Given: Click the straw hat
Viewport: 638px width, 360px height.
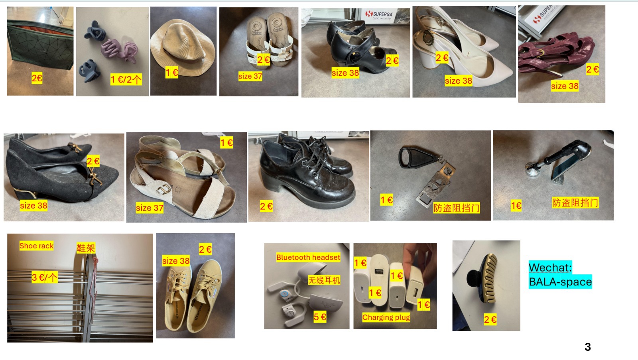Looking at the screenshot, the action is click(x=183, y=47).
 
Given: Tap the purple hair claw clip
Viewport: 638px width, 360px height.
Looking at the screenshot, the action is click(x=119, y=51).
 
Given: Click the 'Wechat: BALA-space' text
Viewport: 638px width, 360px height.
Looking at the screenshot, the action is click(x=560, y=275).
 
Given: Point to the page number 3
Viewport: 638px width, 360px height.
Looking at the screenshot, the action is click(x=588, y=347).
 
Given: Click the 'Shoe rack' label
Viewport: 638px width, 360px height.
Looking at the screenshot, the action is click(x=36, y=246).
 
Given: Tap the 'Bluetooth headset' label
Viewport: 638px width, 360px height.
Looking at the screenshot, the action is click(x=308, y=258).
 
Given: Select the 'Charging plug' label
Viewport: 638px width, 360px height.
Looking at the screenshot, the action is click(x=386, y=317).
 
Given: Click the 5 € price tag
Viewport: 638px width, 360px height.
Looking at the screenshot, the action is click(x=320, y=317).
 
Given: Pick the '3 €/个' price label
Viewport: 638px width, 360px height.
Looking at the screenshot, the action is click(x=44, y=277).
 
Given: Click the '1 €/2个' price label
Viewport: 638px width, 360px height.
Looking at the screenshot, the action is click(x=126, y=79).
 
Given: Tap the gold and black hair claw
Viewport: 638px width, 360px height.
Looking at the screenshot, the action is click(x=482, y=278).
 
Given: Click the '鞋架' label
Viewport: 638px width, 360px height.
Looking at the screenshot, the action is click(x=86, y=248).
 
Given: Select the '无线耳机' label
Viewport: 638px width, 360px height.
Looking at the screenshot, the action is click(x=324, y=280).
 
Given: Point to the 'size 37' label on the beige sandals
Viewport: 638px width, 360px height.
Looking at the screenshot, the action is click(x=150, y=208).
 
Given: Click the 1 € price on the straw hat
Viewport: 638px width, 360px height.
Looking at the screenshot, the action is click(x=172, y=73).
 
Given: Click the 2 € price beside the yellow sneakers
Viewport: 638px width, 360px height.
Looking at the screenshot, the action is click(x=205, y=250).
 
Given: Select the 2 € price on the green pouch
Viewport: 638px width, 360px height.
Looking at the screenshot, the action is click(x=37, y=78).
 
